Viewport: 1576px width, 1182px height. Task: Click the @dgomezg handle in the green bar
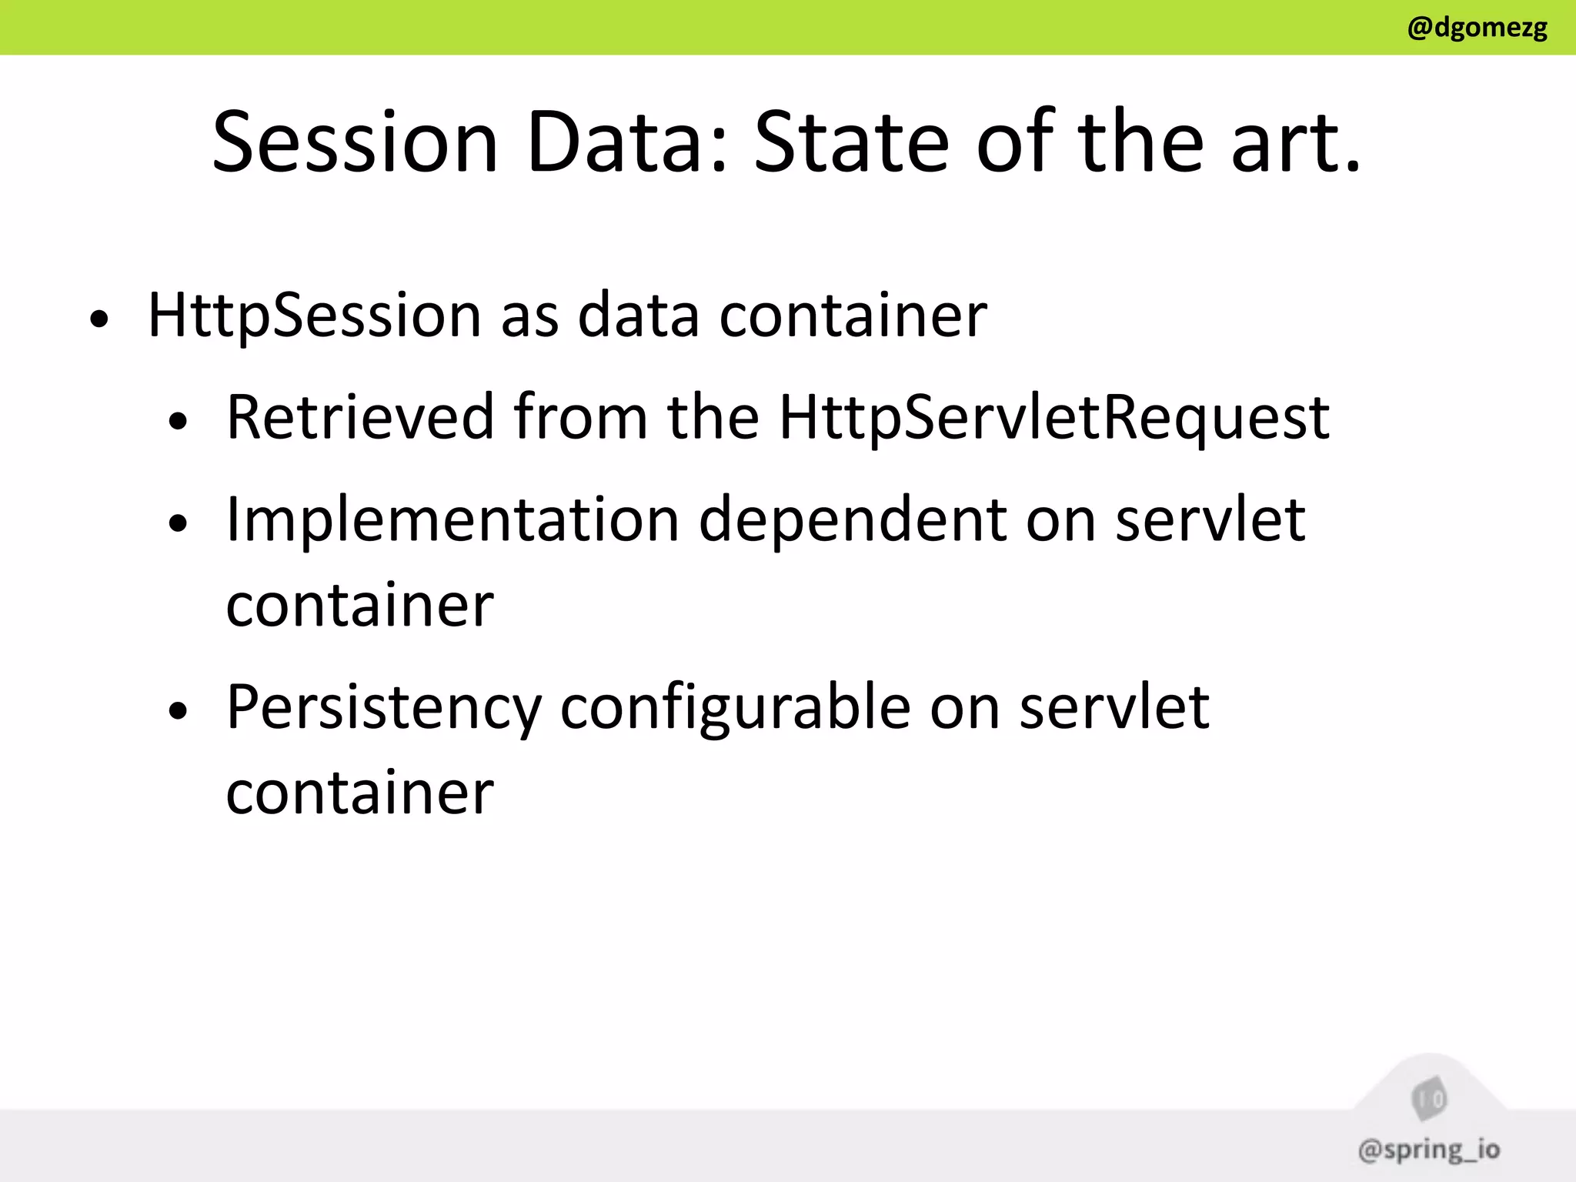point(1477,28)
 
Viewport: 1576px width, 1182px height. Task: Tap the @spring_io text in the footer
point(1429,1150)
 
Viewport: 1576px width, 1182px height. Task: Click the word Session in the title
point(356,142)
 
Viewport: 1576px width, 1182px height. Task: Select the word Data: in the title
point(627,142)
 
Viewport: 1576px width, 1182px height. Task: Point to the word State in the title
point(851,142)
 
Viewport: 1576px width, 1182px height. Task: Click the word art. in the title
point(1296,142)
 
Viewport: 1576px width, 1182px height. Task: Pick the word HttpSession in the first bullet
point(314,316)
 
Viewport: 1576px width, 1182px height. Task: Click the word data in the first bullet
point(638,316)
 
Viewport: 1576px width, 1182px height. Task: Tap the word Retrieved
point(360,417)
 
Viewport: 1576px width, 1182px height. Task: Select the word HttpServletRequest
point(1054,417)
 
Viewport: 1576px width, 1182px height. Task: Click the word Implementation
point(452,520)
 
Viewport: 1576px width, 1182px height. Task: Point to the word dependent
point(853,520)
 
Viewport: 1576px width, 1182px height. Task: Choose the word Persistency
point(384,708)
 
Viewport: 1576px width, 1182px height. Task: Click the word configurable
point(735,708)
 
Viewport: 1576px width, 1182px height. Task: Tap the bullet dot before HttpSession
point(98,319)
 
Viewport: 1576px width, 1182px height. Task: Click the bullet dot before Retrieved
point(178,421)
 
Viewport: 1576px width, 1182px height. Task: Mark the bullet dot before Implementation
point(178,524)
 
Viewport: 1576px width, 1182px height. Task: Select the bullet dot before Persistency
point(178,712)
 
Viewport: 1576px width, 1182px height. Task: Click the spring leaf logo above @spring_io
point(1429,1099)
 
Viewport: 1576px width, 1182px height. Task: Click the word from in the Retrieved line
point(580,417)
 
